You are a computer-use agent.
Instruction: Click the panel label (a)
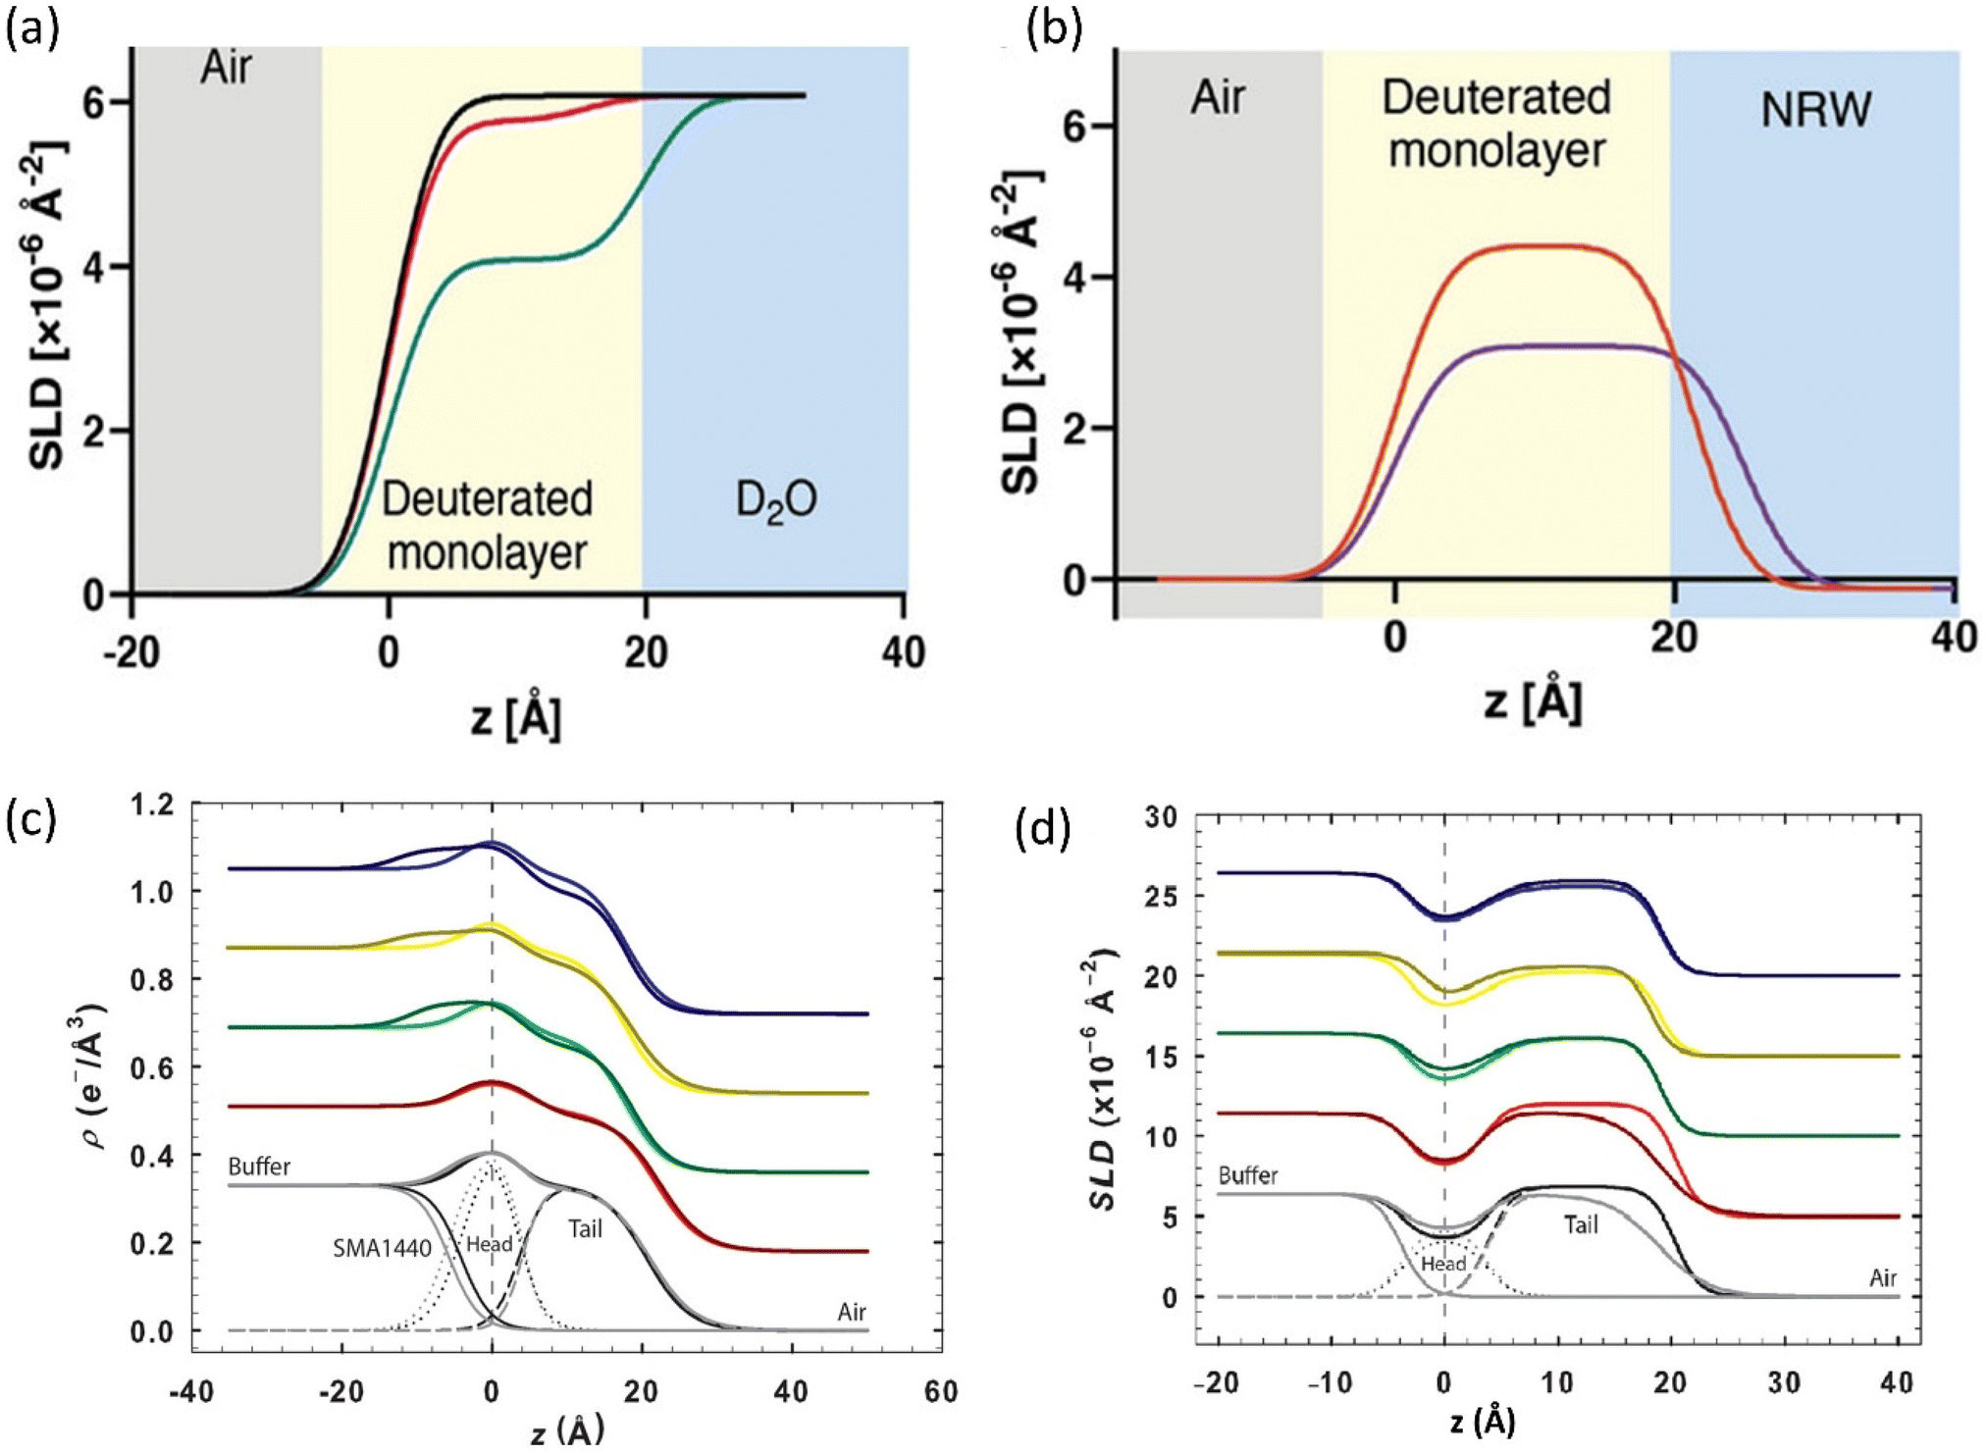[x=31, y=29]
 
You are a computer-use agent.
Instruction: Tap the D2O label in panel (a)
[x=775, y=501]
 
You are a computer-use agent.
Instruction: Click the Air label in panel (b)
[x=1218, y=98]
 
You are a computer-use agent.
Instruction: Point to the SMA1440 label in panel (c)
[x=382, y=1249]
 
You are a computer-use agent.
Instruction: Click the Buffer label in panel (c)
[x=259, y=1167]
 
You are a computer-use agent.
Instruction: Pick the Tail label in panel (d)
[x=1581, y=1224]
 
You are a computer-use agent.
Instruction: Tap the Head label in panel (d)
[x=1443, y=1264]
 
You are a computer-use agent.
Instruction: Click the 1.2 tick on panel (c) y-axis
[x=152, y=805]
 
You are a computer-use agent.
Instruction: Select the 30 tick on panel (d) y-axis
[x=1164, y=816]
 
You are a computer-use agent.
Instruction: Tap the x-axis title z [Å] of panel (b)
[x=1532, y=701]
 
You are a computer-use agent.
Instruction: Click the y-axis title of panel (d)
[x=1107, y=1079]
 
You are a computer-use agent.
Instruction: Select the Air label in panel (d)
[x=1882, y=1277]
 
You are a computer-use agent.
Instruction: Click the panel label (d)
[x=1042, y=830]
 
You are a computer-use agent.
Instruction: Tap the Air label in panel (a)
[x=227, y=69]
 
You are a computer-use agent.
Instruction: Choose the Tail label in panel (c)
[x=585, y=1228]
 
